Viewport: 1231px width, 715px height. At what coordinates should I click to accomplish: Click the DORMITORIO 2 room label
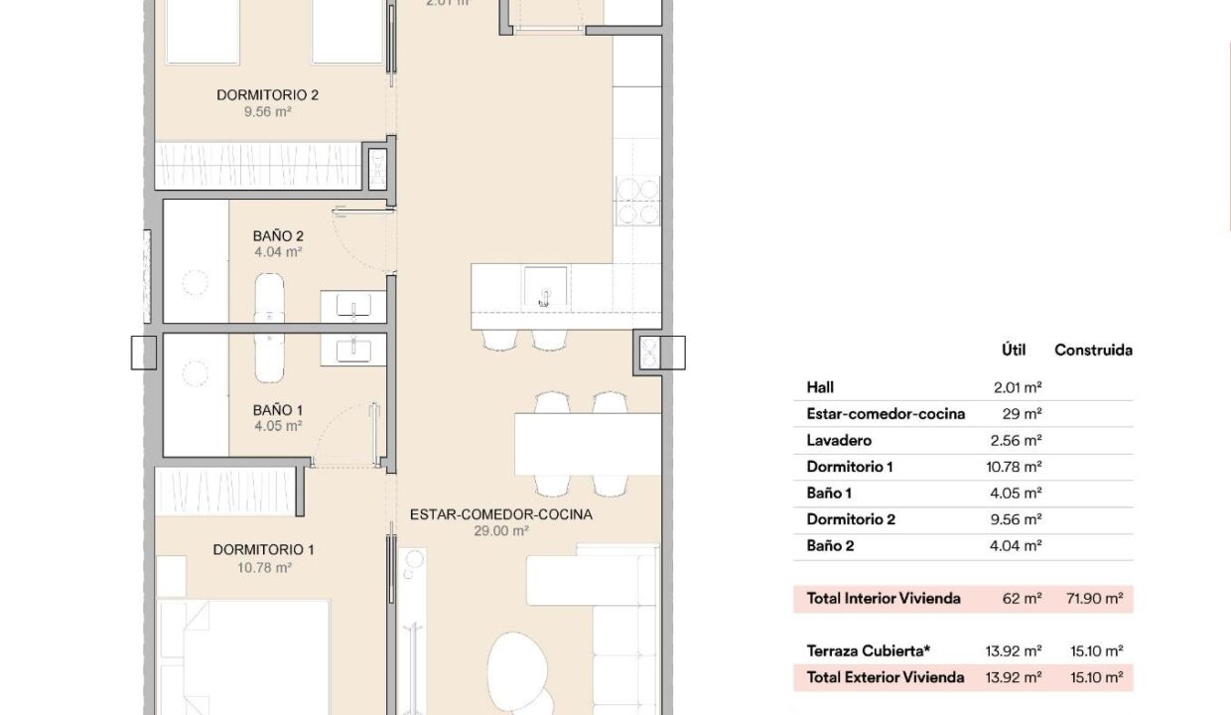point(268,95)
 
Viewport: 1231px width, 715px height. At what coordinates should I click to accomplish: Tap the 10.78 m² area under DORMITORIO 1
point(264,568)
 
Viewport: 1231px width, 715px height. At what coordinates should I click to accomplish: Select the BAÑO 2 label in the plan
point(278,235)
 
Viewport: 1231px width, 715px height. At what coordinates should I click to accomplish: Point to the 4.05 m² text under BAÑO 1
point(278,426)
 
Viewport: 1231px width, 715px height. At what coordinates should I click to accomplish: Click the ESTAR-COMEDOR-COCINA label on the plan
point(501,514)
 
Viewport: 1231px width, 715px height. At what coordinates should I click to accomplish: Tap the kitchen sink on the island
point(545,286)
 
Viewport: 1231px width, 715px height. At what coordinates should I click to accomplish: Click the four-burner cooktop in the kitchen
point(637,201)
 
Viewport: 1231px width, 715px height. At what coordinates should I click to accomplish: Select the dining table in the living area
point(588,444)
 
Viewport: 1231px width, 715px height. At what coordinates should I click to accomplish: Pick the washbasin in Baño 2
point(353,306)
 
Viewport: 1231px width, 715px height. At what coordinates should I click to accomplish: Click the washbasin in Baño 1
point(353,350)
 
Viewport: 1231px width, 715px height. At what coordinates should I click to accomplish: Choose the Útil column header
point(1014,350)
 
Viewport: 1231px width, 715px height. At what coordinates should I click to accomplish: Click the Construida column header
point(1093,351)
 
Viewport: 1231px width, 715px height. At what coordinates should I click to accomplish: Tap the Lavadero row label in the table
point(839,440)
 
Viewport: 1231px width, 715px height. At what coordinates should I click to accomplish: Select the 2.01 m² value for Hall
point(1018,387)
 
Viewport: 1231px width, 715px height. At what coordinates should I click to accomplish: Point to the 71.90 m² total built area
point(1094,598)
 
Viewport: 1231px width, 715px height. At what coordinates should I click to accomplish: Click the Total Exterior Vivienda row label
point(886,677)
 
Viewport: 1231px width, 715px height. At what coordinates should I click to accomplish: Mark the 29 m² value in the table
point(1022,414)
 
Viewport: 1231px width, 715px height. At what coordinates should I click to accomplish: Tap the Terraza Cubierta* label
point(869,650)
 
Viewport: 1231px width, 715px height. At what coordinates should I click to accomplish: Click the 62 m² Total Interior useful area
point(1022,598)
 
